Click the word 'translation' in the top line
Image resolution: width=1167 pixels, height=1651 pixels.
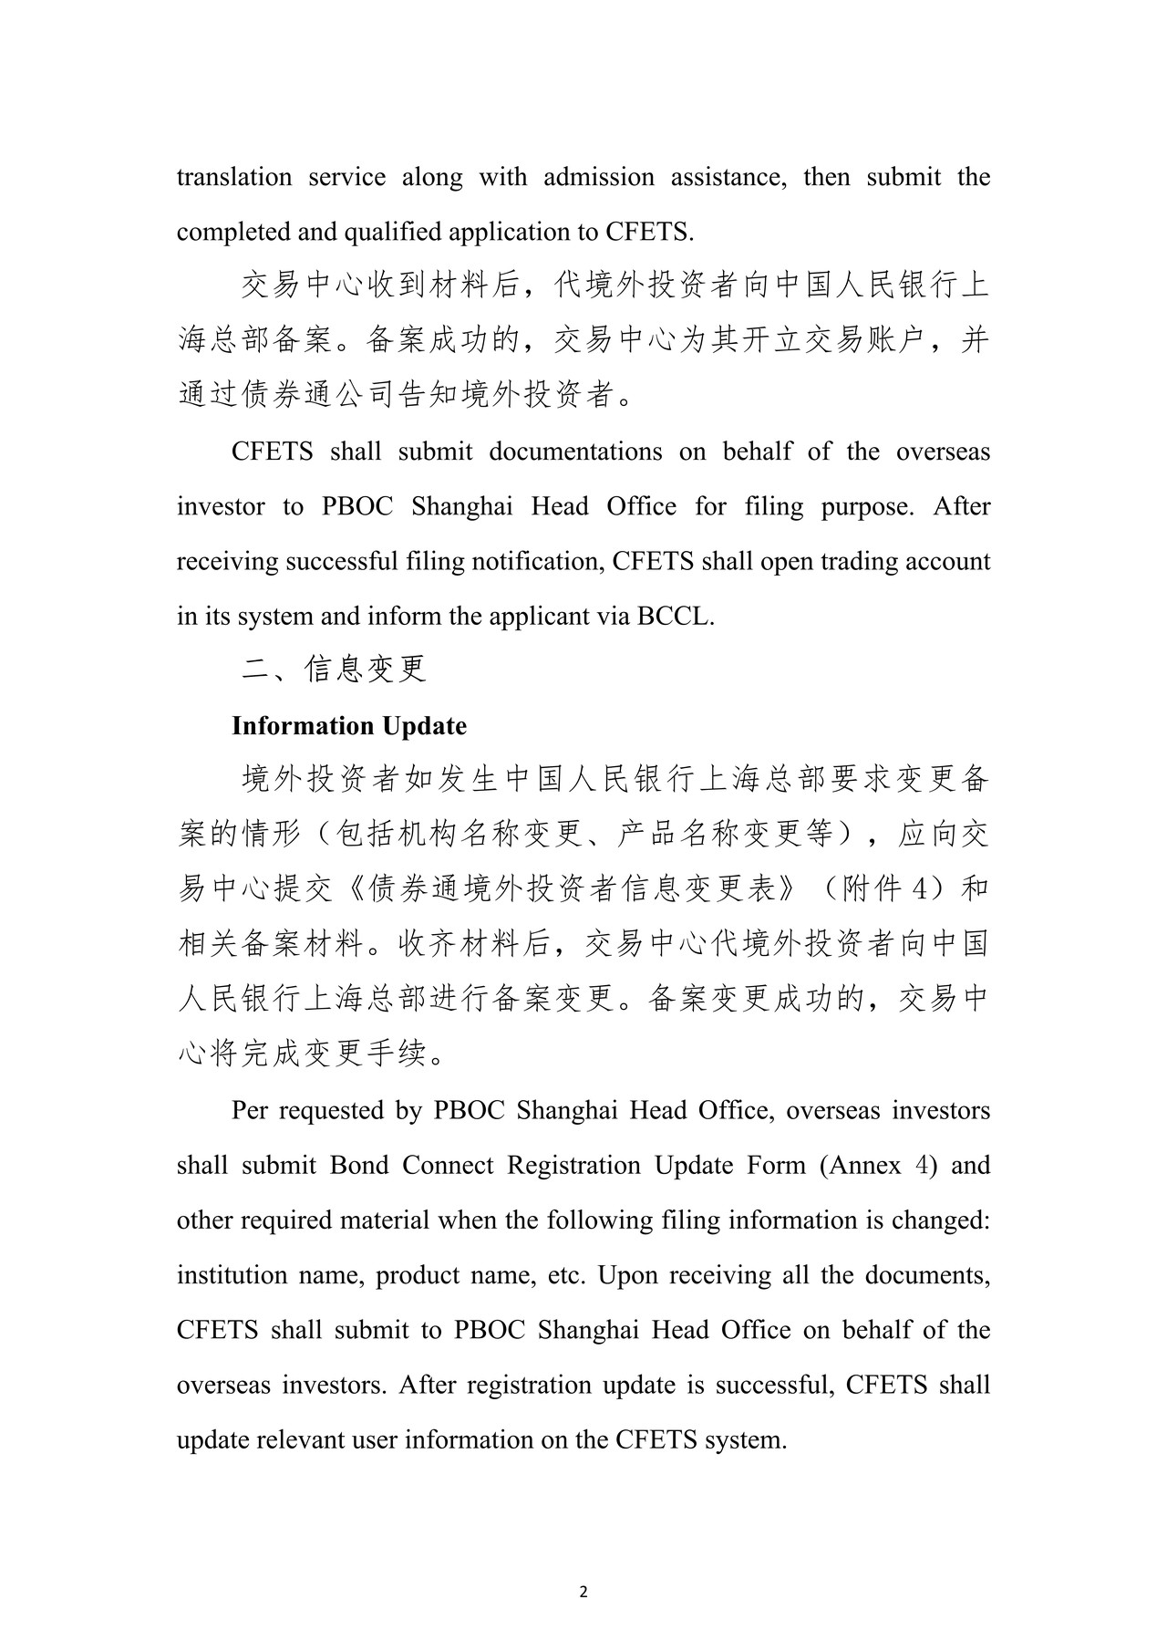[x=234, y=177]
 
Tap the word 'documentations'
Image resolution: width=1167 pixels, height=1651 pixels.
[x=575, y=452]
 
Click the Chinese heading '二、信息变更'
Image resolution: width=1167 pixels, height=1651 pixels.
[x=334, y=670]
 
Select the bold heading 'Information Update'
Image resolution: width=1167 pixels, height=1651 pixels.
[x=349, y=726]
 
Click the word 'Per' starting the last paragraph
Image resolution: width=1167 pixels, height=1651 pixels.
[x=250, y=1111]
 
